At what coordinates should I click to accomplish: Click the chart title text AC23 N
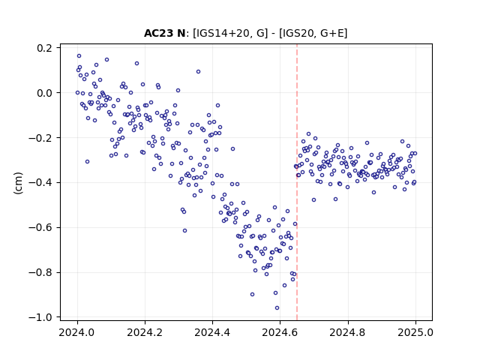164,33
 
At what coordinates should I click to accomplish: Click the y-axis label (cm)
18,183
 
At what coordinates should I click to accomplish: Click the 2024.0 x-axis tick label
77,332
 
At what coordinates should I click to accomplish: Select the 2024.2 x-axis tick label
145,332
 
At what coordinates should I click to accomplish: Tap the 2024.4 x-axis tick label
212,332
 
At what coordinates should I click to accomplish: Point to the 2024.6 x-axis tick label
280,332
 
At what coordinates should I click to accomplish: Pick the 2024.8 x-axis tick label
347,332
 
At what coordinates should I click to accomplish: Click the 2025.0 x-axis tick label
415,332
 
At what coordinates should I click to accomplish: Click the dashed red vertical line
297,182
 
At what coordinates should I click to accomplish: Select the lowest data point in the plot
277,308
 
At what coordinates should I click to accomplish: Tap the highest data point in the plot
79,56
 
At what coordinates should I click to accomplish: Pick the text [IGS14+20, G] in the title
230,33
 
